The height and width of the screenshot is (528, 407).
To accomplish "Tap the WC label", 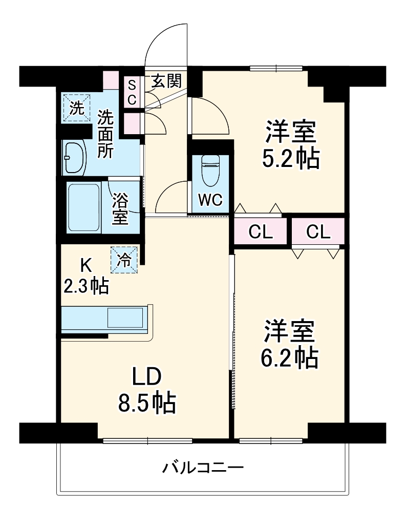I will tap(210, 200).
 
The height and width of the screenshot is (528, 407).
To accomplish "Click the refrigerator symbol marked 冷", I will tap(124, 260).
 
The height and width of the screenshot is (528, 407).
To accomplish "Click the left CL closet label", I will tap(261, 232).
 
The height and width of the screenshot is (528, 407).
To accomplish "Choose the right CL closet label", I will tap(318, 232).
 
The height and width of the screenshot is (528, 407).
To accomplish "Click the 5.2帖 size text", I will tap(291, 159).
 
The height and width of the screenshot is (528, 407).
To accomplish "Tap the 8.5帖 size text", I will tap(147, 403).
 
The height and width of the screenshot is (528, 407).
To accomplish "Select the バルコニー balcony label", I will tap(203, 467).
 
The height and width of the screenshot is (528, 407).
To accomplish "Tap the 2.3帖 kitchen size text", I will tap(86, 286).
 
